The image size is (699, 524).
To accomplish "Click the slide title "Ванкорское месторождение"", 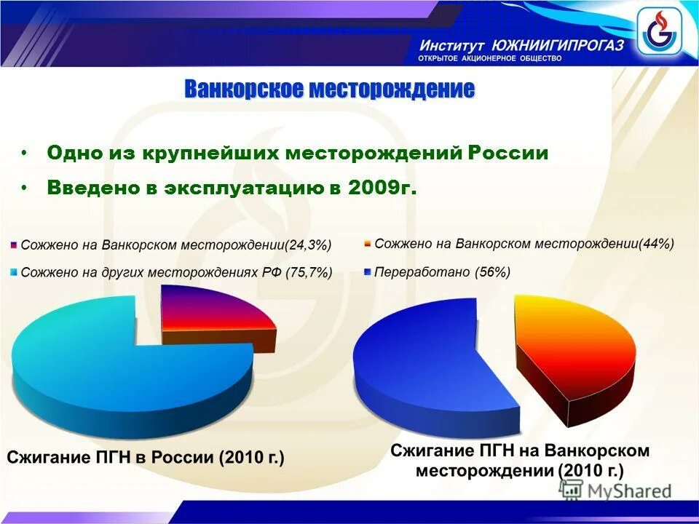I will [x=329, y=90].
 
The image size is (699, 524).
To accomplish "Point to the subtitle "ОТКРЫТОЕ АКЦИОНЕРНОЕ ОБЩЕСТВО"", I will [x=489, y=58].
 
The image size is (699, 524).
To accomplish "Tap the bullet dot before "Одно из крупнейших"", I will [x=24, y=154].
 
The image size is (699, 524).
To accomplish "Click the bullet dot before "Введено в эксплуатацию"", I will [x=24, y=187].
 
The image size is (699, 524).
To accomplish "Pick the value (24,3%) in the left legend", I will [x=308, y=245].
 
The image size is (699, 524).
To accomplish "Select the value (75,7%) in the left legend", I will [x=309, y=273].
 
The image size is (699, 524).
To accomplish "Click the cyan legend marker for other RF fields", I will [x=15, y=274].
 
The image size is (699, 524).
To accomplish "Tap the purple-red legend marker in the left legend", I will [x=15, y=245].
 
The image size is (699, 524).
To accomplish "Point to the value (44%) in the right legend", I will [x=656, y=244].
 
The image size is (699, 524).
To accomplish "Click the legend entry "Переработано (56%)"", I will [x=441, y=272].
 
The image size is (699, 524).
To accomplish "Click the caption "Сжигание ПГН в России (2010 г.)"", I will [x=146, y=458].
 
